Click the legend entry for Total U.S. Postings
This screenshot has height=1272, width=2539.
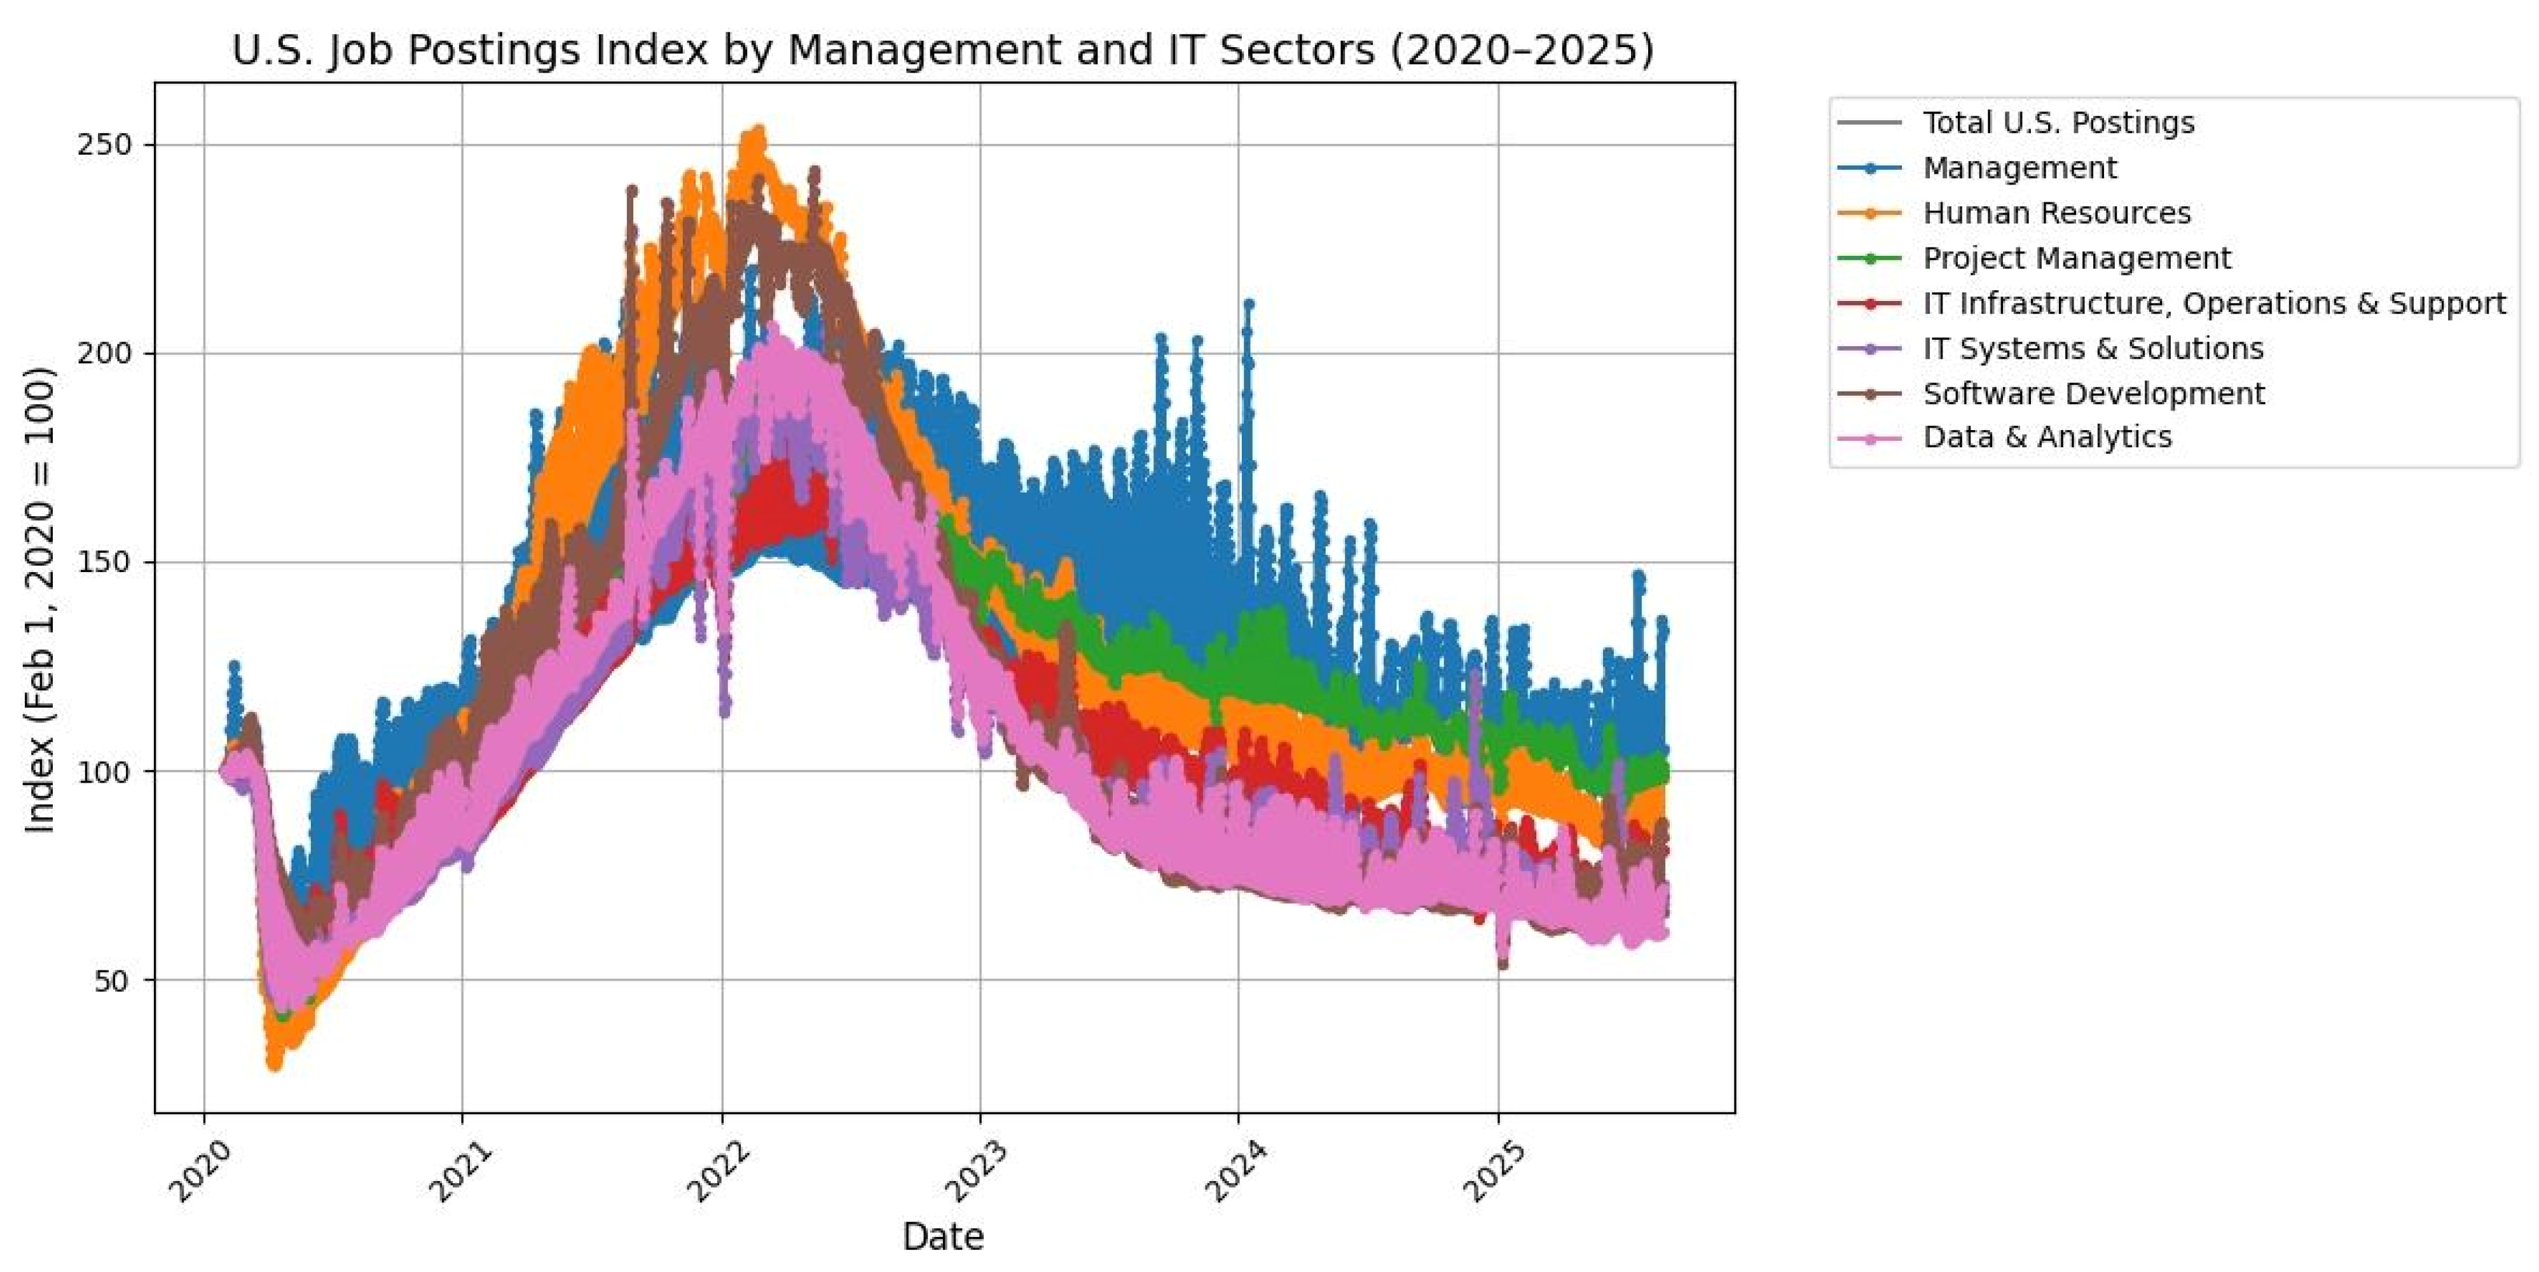pyautogui.click(x=2058, y=123)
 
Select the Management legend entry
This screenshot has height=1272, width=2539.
pyautogui.click(x=2019, y=169)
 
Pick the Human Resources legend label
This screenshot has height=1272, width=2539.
pyautogui.click(x=2056, y=213)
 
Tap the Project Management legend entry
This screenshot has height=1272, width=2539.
pyautogui.click(x=2075, y=258)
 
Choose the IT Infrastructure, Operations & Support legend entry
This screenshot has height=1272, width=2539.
pyautogui.click(x=2213, y=304)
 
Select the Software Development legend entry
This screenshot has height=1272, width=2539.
pyautogui.click(x=2093, y=393)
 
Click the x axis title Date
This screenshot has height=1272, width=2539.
pyautogui.click(x=942, y=1236)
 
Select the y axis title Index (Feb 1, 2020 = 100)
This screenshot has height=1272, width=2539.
pyautogui.click(x=39, y=599)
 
